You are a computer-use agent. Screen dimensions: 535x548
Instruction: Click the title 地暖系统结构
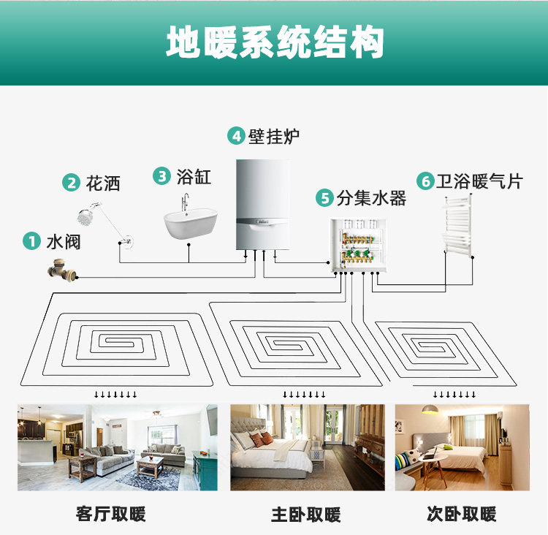coord(274,43)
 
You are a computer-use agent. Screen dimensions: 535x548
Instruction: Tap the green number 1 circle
coord(31,241)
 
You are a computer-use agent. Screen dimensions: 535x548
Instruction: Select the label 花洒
coord(103,183)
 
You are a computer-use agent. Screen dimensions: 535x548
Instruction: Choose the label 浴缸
coord(194,176)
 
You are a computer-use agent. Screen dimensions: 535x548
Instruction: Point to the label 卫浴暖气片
coord(480,181)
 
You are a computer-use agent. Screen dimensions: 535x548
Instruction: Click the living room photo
coord(117,447)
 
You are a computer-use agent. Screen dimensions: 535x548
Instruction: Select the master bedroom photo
coord(307,447)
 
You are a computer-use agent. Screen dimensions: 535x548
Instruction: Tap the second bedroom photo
coord(462,447)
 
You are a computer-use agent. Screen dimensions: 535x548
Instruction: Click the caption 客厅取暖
coord(111,514)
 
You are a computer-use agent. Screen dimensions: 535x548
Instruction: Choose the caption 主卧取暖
coord(306,514)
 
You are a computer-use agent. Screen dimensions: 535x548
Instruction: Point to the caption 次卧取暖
coord(461,514)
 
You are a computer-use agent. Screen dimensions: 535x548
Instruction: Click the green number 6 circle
coord(425,181)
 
